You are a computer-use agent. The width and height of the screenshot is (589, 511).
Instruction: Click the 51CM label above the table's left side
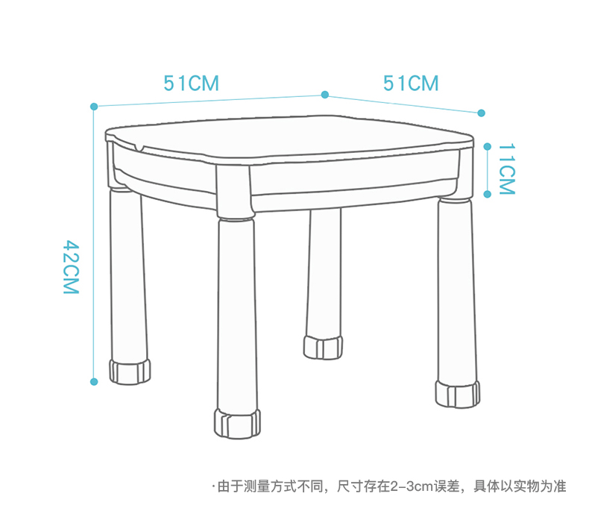coord(192,83)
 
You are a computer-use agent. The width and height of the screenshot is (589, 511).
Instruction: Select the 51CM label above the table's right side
coord(411,83)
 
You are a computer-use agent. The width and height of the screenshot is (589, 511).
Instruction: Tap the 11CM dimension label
coord(506,169)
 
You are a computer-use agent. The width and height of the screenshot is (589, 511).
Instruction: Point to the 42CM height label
coord(70,266)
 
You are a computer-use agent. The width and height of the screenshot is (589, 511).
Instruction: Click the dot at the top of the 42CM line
coord(94,107)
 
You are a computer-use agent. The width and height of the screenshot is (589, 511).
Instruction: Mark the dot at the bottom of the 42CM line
coord(94,381)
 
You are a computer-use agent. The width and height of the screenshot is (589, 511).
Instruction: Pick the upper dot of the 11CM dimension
coord(487,146)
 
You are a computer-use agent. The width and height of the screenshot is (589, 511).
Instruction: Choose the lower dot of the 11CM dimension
coord(487,194)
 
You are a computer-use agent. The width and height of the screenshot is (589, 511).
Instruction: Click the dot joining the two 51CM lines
coord(325,94)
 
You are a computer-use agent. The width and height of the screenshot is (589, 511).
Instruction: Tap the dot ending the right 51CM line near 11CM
coord(481,113)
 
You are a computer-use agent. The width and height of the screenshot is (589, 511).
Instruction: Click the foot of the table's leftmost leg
coord(130,372)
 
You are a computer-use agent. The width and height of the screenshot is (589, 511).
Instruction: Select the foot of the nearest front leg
coord(237,422)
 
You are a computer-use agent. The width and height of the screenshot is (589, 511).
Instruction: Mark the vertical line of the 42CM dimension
coord(94,246)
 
